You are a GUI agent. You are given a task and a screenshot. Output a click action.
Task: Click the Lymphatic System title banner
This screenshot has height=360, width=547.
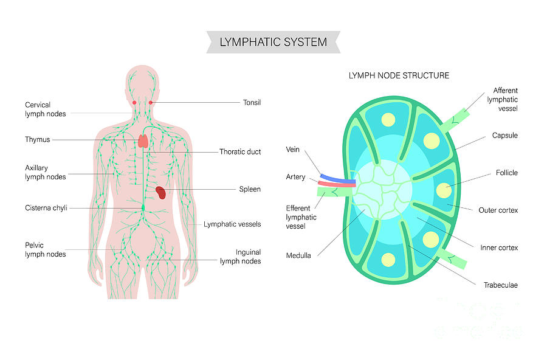point(273,42)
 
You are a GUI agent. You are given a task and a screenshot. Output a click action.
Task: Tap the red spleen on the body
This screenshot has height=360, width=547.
point(161,193)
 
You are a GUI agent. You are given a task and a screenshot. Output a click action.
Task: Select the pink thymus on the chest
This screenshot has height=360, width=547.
point(143,140)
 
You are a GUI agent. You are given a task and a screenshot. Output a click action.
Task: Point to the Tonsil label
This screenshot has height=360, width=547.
point(252,103)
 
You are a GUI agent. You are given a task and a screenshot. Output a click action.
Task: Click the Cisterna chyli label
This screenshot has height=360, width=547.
point(46,207)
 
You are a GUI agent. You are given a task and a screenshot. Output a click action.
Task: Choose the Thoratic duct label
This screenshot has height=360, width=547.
point(240,151)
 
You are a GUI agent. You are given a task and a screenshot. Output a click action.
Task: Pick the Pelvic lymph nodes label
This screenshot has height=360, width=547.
point(46,249)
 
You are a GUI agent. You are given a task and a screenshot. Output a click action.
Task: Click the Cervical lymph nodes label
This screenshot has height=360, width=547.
point(46,109)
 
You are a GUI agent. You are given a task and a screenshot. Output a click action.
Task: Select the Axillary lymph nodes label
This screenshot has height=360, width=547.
point(46,172)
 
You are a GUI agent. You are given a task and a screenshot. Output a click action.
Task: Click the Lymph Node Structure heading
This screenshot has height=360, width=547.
point(399,76)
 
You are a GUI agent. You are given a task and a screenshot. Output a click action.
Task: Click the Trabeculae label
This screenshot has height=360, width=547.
point(500,285)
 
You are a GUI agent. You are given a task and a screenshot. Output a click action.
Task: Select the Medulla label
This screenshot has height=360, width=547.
point(298,255)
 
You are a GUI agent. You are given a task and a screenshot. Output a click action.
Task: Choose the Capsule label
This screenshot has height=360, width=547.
point(504,136)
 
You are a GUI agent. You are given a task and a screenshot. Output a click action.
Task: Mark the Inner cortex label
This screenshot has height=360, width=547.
point(499,247)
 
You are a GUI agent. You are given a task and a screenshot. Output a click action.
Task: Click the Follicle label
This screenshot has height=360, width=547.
point(506,173)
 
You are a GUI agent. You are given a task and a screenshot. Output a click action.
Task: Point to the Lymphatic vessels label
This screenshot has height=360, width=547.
point(232,224)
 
